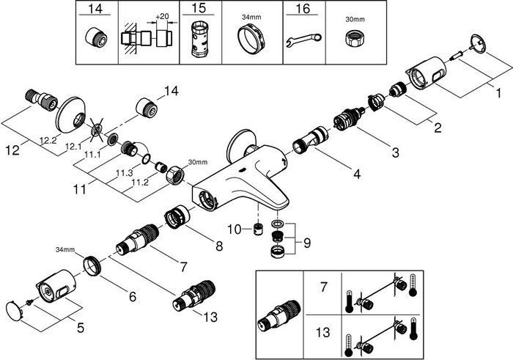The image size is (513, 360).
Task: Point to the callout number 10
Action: (234, 229)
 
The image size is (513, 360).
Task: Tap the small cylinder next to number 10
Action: (258, 229)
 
